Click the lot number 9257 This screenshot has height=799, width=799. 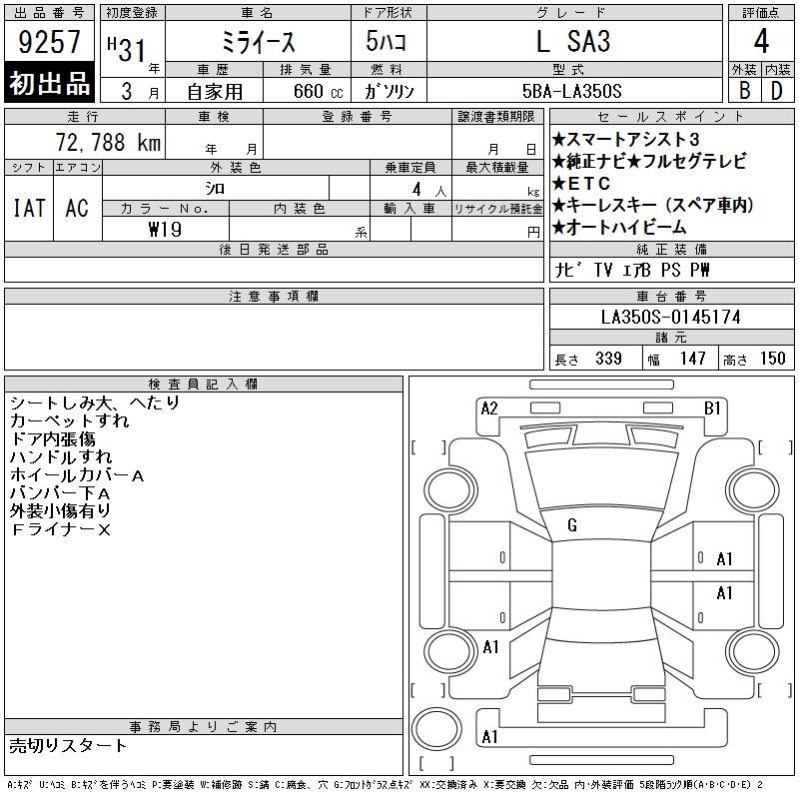[49, 41]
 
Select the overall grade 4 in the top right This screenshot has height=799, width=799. [761, 41]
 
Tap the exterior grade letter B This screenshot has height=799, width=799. [744, 91]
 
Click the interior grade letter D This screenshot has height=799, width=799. [777, 91]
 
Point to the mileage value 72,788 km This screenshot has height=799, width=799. [108, 142]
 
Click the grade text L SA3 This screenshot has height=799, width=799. [573, 41]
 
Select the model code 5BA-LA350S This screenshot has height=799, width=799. [571, 91]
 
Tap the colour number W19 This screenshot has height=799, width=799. [165, 230]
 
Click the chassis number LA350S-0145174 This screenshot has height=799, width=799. [670, 317]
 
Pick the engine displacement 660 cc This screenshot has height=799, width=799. [318, 91]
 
